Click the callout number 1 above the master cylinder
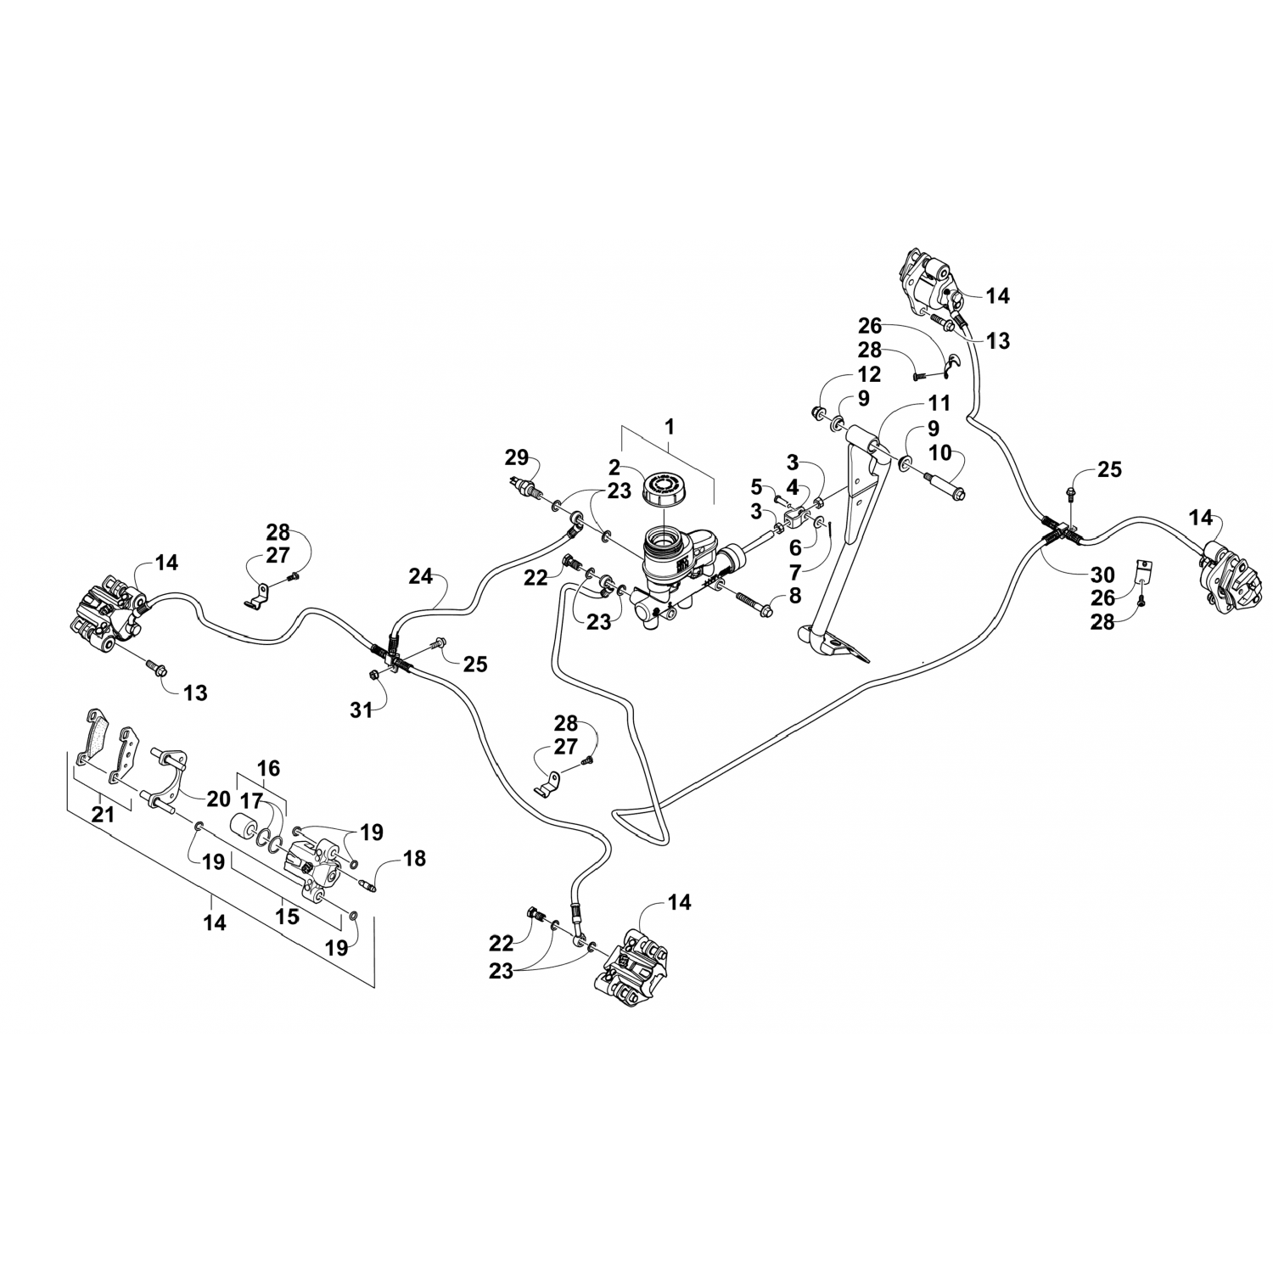[669, 426]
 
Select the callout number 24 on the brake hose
[420, 578]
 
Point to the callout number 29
[516, 459]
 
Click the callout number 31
[362, 709]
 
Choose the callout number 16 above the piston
[268, 769]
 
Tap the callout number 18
[414, 858]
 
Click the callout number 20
[218, 798]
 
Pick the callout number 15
[288, 917]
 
